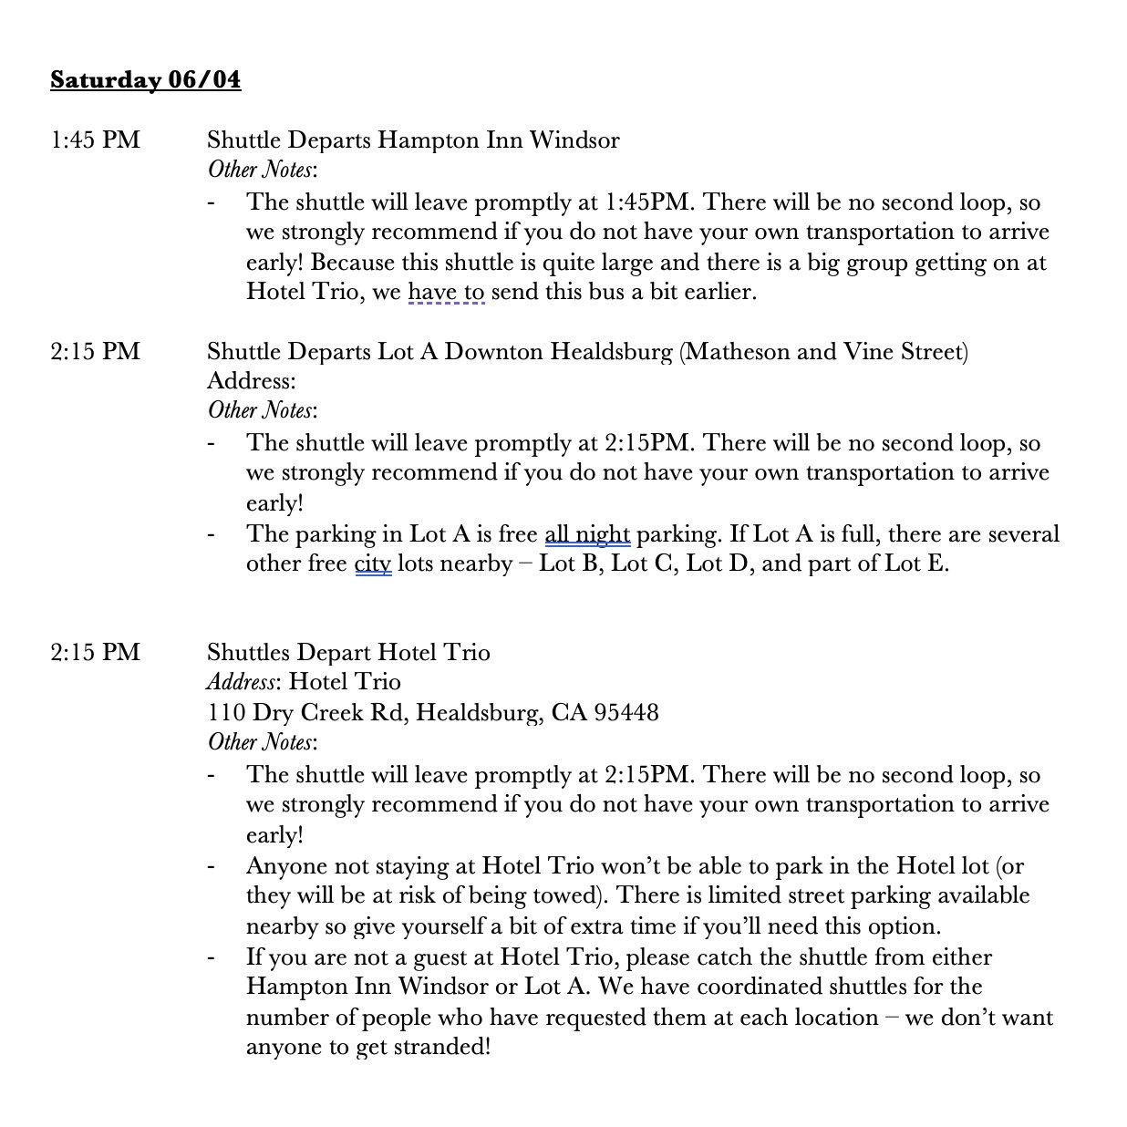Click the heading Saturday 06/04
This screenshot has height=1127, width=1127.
click(x=146, y=80)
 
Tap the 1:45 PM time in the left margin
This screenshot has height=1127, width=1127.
click(x=96, y=140)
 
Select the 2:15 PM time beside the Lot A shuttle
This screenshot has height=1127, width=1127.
click(x=96, y=352)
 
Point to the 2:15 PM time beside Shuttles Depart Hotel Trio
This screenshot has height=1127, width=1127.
click(x=96, y=653)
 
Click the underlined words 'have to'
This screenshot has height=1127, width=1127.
click(x=446, y=293)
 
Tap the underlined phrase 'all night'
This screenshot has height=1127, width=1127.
click(x=587, y=534)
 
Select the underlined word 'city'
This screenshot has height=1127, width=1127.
click(x=373, y=564)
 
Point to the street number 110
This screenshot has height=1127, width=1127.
click(x=225, y=713)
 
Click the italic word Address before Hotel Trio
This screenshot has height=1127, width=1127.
click(x=242, y=683)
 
